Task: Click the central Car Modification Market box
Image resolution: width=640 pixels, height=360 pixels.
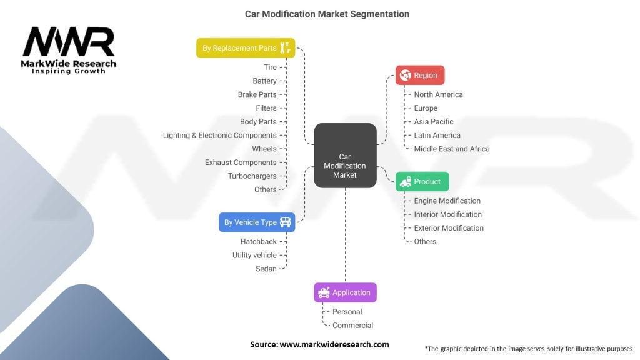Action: tap(344, 156)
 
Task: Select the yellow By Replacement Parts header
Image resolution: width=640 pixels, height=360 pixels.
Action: tap(245, 48)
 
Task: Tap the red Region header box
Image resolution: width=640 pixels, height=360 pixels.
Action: tap(420, 76)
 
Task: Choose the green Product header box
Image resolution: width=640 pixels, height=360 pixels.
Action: tap(422, 182)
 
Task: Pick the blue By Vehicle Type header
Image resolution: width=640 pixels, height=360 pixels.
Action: tap(257, 222)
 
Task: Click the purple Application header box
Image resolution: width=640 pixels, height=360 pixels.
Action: tap(345, 292)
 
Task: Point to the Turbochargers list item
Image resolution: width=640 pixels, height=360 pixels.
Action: tap(252, 176)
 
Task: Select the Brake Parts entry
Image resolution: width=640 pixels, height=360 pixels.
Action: tap(257, 94)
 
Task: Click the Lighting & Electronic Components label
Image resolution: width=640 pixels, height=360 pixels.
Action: tap(219, 135)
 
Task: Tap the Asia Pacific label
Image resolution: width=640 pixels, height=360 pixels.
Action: tap(433, 122)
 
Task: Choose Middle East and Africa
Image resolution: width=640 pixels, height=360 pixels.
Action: tap(451, 149)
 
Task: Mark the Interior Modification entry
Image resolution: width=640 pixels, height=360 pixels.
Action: tap(447, 214)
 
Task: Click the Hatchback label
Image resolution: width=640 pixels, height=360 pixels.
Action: tap(258, 242)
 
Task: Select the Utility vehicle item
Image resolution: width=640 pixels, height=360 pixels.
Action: tap(254, 255)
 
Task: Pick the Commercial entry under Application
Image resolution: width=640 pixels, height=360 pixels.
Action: tap(352, 326)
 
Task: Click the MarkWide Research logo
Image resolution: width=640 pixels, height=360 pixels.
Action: tap(69, 51)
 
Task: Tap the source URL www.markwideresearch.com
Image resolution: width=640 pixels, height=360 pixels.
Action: tap(334, 344)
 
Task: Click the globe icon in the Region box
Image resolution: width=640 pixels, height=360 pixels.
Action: tap(405, 76)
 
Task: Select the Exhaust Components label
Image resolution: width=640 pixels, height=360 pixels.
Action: tap(241, 162)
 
